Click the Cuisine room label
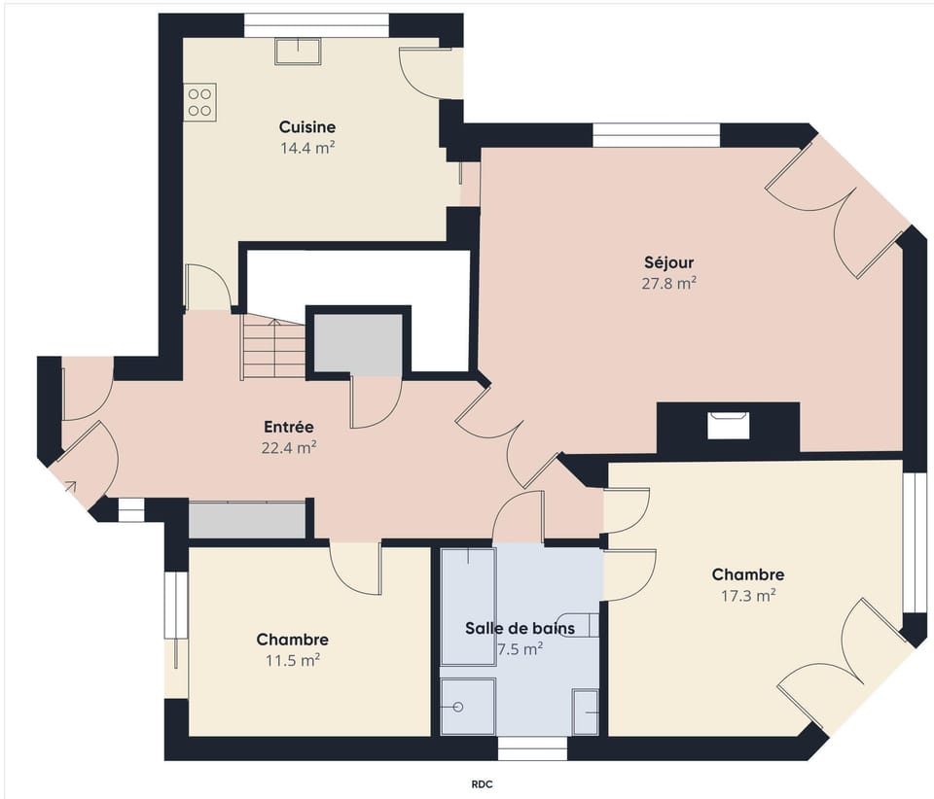[x=306, y=127]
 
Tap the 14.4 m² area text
[x=306, y=148]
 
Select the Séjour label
[x=668, y=262]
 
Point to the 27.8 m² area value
[x=668, y=284]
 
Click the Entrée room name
[x=288, y=427]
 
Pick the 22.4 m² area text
[x=289, y=447]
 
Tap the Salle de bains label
[x=520, y=628]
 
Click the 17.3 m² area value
[x=747, y=596]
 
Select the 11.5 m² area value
[x=292, y=660]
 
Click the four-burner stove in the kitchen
[x=200, y=102]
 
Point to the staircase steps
[x=273, y=350]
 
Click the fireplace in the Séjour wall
[x=729, y=425]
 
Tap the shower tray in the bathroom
[x=467, y=707]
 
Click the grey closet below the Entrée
[x=247, y=520]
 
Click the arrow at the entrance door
[x=72, y=486]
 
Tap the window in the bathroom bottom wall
[x=532, y=748]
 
